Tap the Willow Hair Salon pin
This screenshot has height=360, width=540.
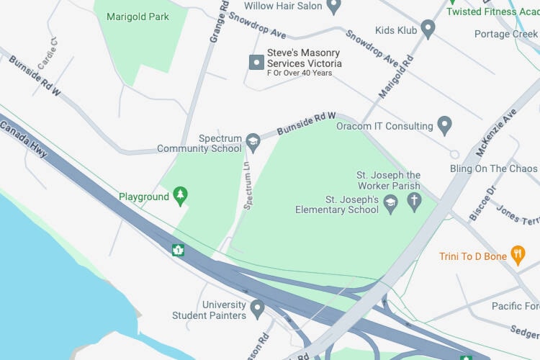point(333,7)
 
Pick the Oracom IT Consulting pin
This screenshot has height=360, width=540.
point(445,126)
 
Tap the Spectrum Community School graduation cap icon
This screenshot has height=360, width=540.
point(253,143)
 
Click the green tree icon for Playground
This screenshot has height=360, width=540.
point(180,196)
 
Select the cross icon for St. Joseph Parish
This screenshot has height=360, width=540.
point(413,202)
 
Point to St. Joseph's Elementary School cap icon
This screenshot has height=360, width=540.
point(390,204)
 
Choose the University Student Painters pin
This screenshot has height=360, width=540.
point(257,309)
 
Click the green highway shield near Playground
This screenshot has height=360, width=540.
point(178,251)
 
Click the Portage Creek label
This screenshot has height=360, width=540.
point(506,35)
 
